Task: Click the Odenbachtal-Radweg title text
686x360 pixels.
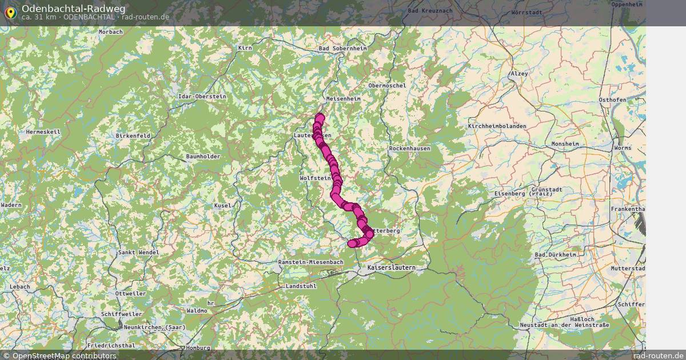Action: click(x=73, y=9)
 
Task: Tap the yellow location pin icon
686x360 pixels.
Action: click(x=10, y=12)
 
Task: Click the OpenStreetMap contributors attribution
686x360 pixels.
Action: click(x=59, y=355)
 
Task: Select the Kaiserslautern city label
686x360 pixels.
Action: click(x=391, y=267)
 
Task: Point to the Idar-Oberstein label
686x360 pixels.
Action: click(x=202, y=97)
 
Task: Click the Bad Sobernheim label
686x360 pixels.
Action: click(x=342, y=49)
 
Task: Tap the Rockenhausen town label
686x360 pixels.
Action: click(x=409, y=148)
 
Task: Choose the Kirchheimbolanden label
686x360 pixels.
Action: click(x=499, y=126)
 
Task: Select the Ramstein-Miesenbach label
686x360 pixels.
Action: click(x=310, y=262)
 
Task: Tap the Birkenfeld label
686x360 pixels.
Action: click(x=133, y=136)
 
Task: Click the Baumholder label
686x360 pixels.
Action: click(x=203, y=157)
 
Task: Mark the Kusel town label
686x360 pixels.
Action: click(x=222, y=205)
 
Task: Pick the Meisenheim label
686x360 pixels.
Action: click(x=343, y=98)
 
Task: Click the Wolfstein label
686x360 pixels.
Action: click(x=315, y=178)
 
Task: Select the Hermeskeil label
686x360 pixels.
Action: click(x=43, y=131)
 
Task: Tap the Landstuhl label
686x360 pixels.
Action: click(x=300, y=286)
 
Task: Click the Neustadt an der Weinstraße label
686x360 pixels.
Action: click(x=564, y=325)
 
